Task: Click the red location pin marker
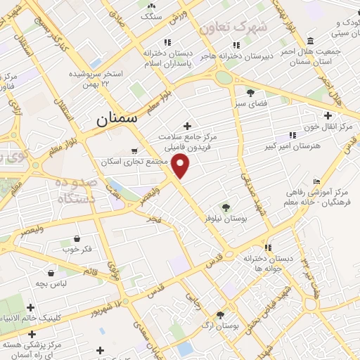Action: tap(181, 166)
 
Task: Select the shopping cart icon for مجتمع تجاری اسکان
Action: tap(134, 150)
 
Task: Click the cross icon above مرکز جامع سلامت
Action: tap(187, 125)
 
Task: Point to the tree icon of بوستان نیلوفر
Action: tap(226, 207)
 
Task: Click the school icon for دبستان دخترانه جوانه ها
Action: tap(268, 247)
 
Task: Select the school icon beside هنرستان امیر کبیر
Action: tap(292, 135)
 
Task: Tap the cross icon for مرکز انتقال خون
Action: tap(328, 115)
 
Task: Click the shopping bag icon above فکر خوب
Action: tap(77, 238)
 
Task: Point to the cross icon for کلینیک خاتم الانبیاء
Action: tap(30, 307)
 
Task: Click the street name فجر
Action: tap(154, 219)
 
